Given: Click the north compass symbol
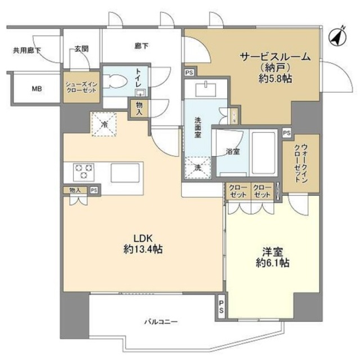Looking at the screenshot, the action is [x=337, y=36].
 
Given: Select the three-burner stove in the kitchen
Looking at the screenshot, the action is [x=84, y=172].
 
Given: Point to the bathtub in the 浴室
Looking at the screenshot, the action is [x=264, y=152].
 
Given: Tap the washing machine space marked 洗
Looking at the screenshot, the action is [x=197, y=168].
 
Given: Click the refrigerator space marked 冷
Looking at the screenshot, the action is [x=104, y=124].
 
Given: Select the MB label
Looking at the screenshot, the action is [x=37, y=88].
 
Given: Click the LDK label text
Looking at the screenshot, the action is [x=143, y=238].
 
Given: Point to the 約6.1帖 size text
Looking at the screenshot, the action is [x=272, y=263].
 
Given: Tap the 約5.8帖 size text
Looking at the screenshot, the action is [x=275, y=79].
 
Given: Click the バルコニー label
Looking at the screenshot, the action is [x=161, y=322].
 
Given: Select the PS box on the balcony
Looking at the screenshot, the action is [x=221, y=307].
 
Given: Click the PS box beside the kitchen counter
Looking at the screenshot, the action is [x=94, y=190].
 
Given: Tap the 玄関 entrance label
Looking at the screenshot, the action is [x=82, y=49].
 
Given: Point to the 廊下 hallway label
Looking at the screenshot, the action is [x=141, y=46].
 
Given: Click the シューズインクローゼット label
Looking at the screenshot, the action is [x=82, y=87].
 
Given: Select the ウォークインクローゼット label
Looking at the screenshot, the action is [x=301, y=163].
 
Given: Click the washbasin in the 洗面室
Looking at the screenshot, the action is [x=206, y=89].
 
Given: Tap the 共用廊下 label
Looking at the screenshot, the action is [x=27, y=50].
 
